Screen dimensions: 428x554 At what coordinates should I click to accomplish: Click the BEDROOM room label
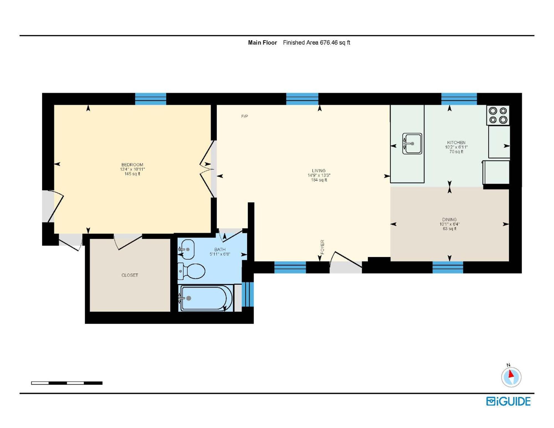click(x=132, y=165)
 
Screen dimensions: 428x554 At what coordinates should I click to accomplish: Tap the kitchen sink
click(x=412, y=143)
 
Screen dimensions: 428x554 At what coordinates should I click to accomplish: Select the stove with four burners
click(x=498, y=115)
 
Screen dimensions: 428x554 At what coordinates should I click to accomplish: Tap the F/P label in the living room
click(x=244, y=116)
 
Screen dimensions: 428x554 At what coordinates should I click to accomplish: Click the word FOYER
click(x=322, y=247)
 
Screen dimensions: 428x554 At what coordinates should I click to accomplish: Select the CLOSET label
click(x=130, y=275)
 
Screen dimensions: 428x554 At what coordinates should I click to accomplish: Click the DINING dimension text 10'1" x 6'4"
click(x=449, y=224)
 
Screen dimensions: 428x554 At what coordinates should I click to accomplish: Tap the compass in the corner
click(x=511, y=377)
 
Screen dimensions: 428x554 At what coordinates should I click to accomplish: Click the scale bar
click(x=67, y=383)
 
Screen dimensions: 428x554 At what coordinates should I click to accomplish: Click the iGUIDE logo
click(x=508, y=401)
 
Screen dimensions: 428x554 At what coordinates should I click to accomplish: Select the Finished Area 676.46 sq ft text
click(x=316, y=43)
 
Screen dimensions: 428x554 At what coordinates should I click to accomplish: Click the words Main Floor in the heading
click(x=262, y=43)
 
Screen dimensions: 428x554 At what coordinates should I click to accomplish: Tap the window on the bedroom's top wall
click(x=150, y=99)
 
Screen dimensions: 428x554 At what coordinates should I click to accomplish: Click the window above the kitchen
click(x=459, y=99)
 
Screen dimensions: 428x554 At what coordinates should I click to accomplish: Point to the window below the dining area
click(x=448, y=267)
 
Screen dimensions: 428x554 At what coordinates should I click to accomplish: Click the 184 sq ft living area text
click(x=319, y=180)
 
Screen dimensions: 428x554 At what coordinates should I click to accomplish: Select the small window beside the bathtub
click(x=248, y=294)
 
